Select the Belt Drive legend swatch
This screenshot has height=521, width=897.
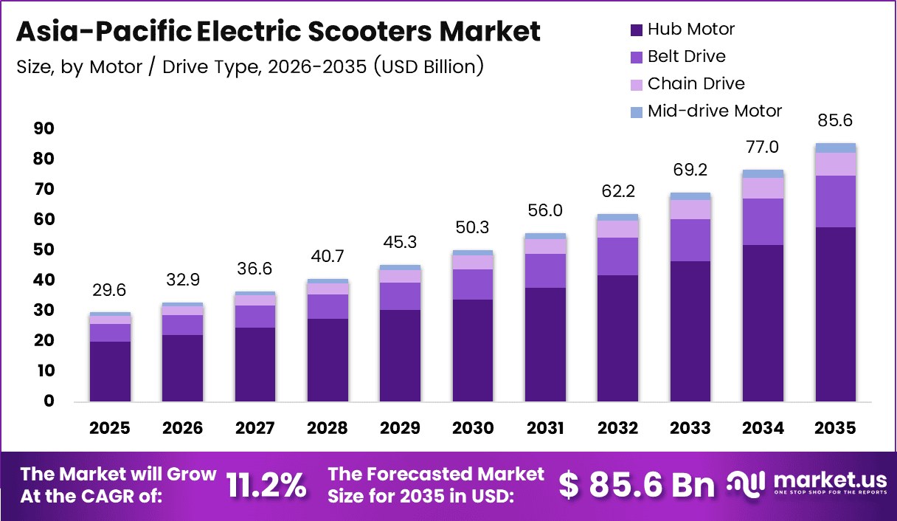coord(637,57)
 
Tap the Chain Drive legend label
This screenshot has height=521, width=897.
coord(696,83)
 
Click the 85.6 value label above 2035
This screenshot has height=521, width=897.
coord(836,120)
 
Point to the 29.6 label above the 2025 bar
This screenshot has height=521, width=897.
coord(110,291)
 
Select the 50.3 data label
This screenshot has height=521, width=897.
coord(472,227)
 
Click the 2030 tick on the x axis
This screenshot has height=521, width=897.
coord(472,429)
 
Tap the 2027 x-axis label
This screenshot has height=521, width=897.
coord(254,429)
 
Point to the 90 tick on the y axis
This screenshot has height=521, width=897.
coord(44,129)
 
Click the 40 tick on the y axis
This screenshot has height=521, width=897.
coord(44,280)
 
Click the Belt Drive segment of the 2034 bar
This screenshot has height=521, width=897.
coord(763,221)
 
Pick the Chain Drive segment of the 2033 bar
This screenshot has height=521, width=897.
coord(690,210)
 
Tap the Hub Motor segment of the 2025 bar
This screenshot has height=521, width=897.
coord(110,371)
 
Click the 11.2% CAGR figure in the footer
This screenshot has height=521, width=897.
coord(266,485)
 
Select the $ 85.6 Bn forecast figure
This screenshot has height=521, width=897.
coord(636,485)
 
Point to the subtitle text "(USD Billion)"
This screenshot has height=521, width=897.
coord(429,66)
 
